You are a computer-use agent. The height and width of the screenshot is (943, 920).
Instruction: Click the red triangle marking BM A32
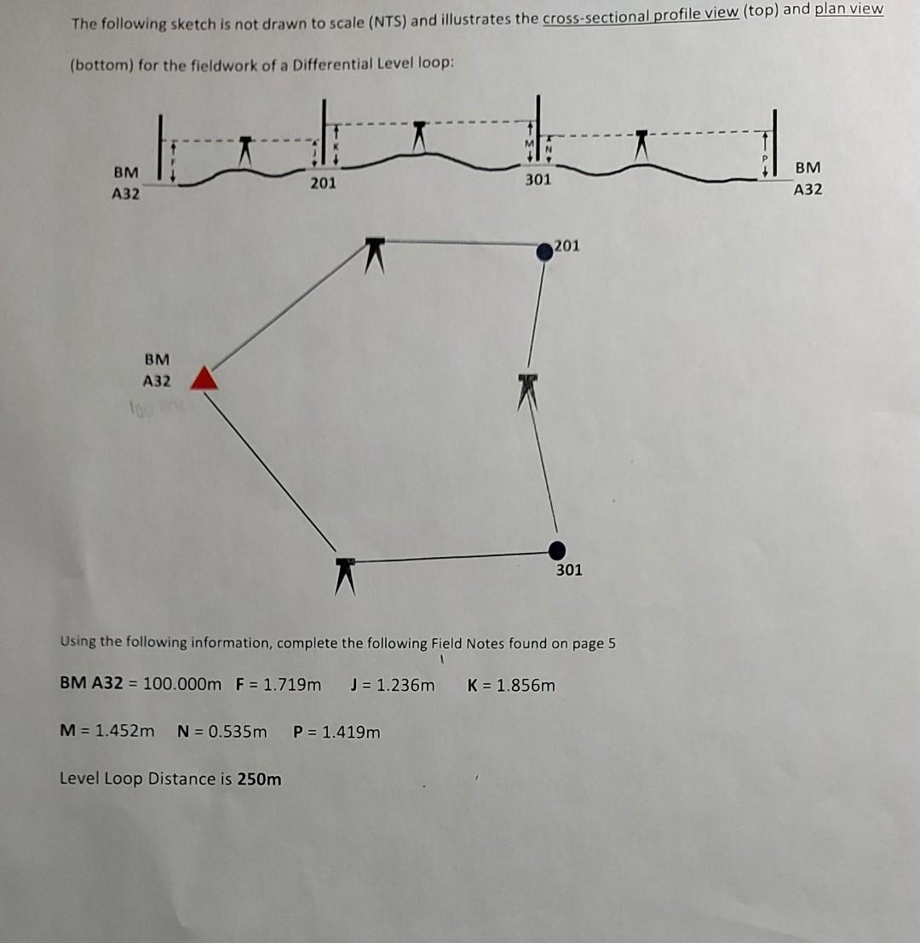click(203, 377)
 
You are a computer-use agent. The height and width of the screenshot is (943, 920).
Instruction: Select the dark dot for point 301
click(557, 549)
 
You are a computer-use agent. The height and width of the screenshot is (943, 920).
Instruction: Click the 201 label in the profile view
click(323, 182)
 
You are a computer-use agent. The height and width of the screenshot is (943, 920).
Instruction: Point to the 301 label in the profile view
click(538, 180)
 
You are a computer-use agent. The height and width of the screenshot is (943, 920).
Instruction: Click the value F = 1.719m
click(279, 684)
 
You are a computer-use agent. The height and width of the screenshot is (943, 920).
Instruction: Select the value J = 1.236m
click(392, 684)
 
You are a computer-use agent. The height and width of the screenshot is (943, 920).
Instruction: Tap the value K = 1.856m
click(511, 684)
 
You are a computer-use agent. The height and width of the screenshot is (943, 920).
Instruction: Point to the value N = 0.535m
click(221, 731)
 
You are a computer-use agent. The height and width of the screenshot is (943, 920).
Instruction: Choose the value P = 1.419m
click(336, 731)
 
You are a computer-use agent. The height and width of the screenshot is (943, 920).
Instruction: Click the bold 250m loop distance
click(262, 779)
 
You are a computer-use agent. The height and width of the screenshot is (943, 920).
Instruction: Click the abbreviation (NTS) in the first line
click(387, 20)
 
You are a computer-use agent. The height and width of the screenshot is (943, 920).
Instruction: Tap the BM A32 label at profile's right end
click(808, 180)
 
